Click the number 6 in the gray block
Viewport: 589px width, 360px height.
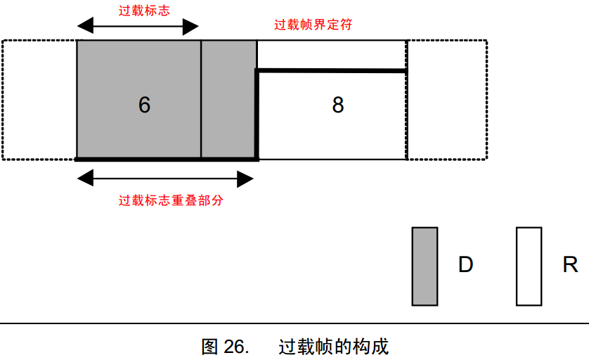tap(144, 105)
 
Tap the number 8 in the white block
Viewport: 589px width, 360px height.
tap(338, 105)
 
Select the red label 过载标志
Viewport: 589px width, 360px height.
tap(145, 11)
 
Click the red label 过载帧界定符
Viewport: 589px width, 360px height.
tap(313, 25)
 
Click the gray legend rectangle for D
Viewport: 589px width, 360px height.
tap(425, 266)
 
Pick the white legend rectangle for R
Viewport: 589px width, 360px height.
tap(529, 266)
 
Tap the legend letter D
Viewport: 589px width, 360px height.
tap(465, 265)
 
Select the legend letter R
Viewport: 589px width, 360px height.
tap(570, 265)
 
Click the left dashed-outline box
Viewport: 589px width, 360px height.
tap(39, 100)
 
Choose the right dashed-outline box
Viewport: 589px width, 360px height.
tap(447, 100)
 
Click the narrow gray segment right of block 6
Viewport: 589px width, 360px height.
tap(228, 100)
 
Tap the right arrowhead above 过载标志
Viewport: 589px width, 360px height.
tap(191, 27)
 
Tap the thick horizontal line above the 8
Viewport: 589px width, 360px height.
tap(331, 70)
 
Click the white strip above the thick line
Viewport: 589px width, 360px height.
tap(331, 55)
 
